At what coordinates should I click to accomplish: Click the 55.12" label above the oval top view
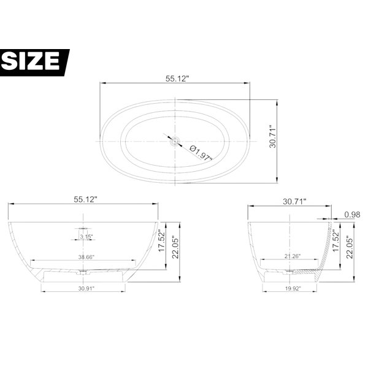coord(177,79)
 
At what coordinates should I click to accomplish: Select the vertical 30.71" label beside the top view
coord(273,136)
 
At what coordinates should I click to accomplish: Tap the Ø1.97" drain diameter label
coord(201,153)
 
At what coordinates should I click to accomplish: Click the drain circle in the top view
coord(175,142)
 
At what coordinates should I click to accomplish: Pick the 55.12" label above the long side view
coord(85,199)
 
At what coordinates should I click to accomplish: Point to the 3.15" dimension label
coord(86,237)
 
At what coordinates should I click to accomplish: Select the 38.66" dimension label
coord(86,257)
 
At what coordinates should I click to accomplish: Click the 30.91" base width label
coord(86,288)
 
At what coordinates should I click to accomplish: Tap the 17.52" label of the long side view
coord(162,240)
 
